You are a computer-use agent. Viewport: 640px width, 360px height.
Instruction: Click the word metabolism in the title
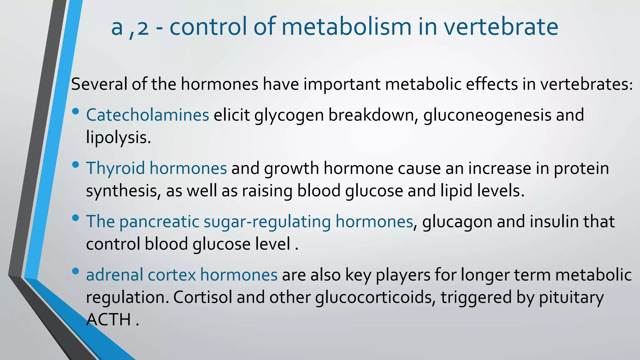pos(346,27)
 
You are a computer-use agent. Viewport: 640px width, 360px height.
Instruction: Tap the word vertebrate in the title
pos(501,27)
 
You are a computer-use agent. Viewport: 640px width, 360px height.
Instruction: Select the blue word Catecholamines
pos(147,115)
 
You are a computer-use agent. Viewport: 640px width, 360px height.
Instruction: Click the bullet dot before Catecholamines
pos(75,112)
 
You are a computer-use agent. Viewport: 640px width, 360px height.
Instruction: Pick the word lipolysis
pos(118,137)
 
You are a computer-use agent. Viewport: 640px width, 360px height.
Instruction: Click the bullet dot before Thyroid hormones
pos(75,165)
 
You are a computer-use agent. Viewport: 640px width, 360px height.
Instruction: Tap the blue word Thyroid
pos(116,168)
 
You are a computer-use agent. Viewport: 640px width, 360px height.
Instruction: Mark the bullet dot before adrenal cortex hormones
pos(75,271)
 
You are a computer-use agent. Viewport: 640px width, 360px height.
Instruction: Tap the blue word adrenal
pos(114,275)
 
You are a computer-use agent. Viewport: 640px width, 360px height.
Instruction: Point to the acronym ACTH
pos(108,320)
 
